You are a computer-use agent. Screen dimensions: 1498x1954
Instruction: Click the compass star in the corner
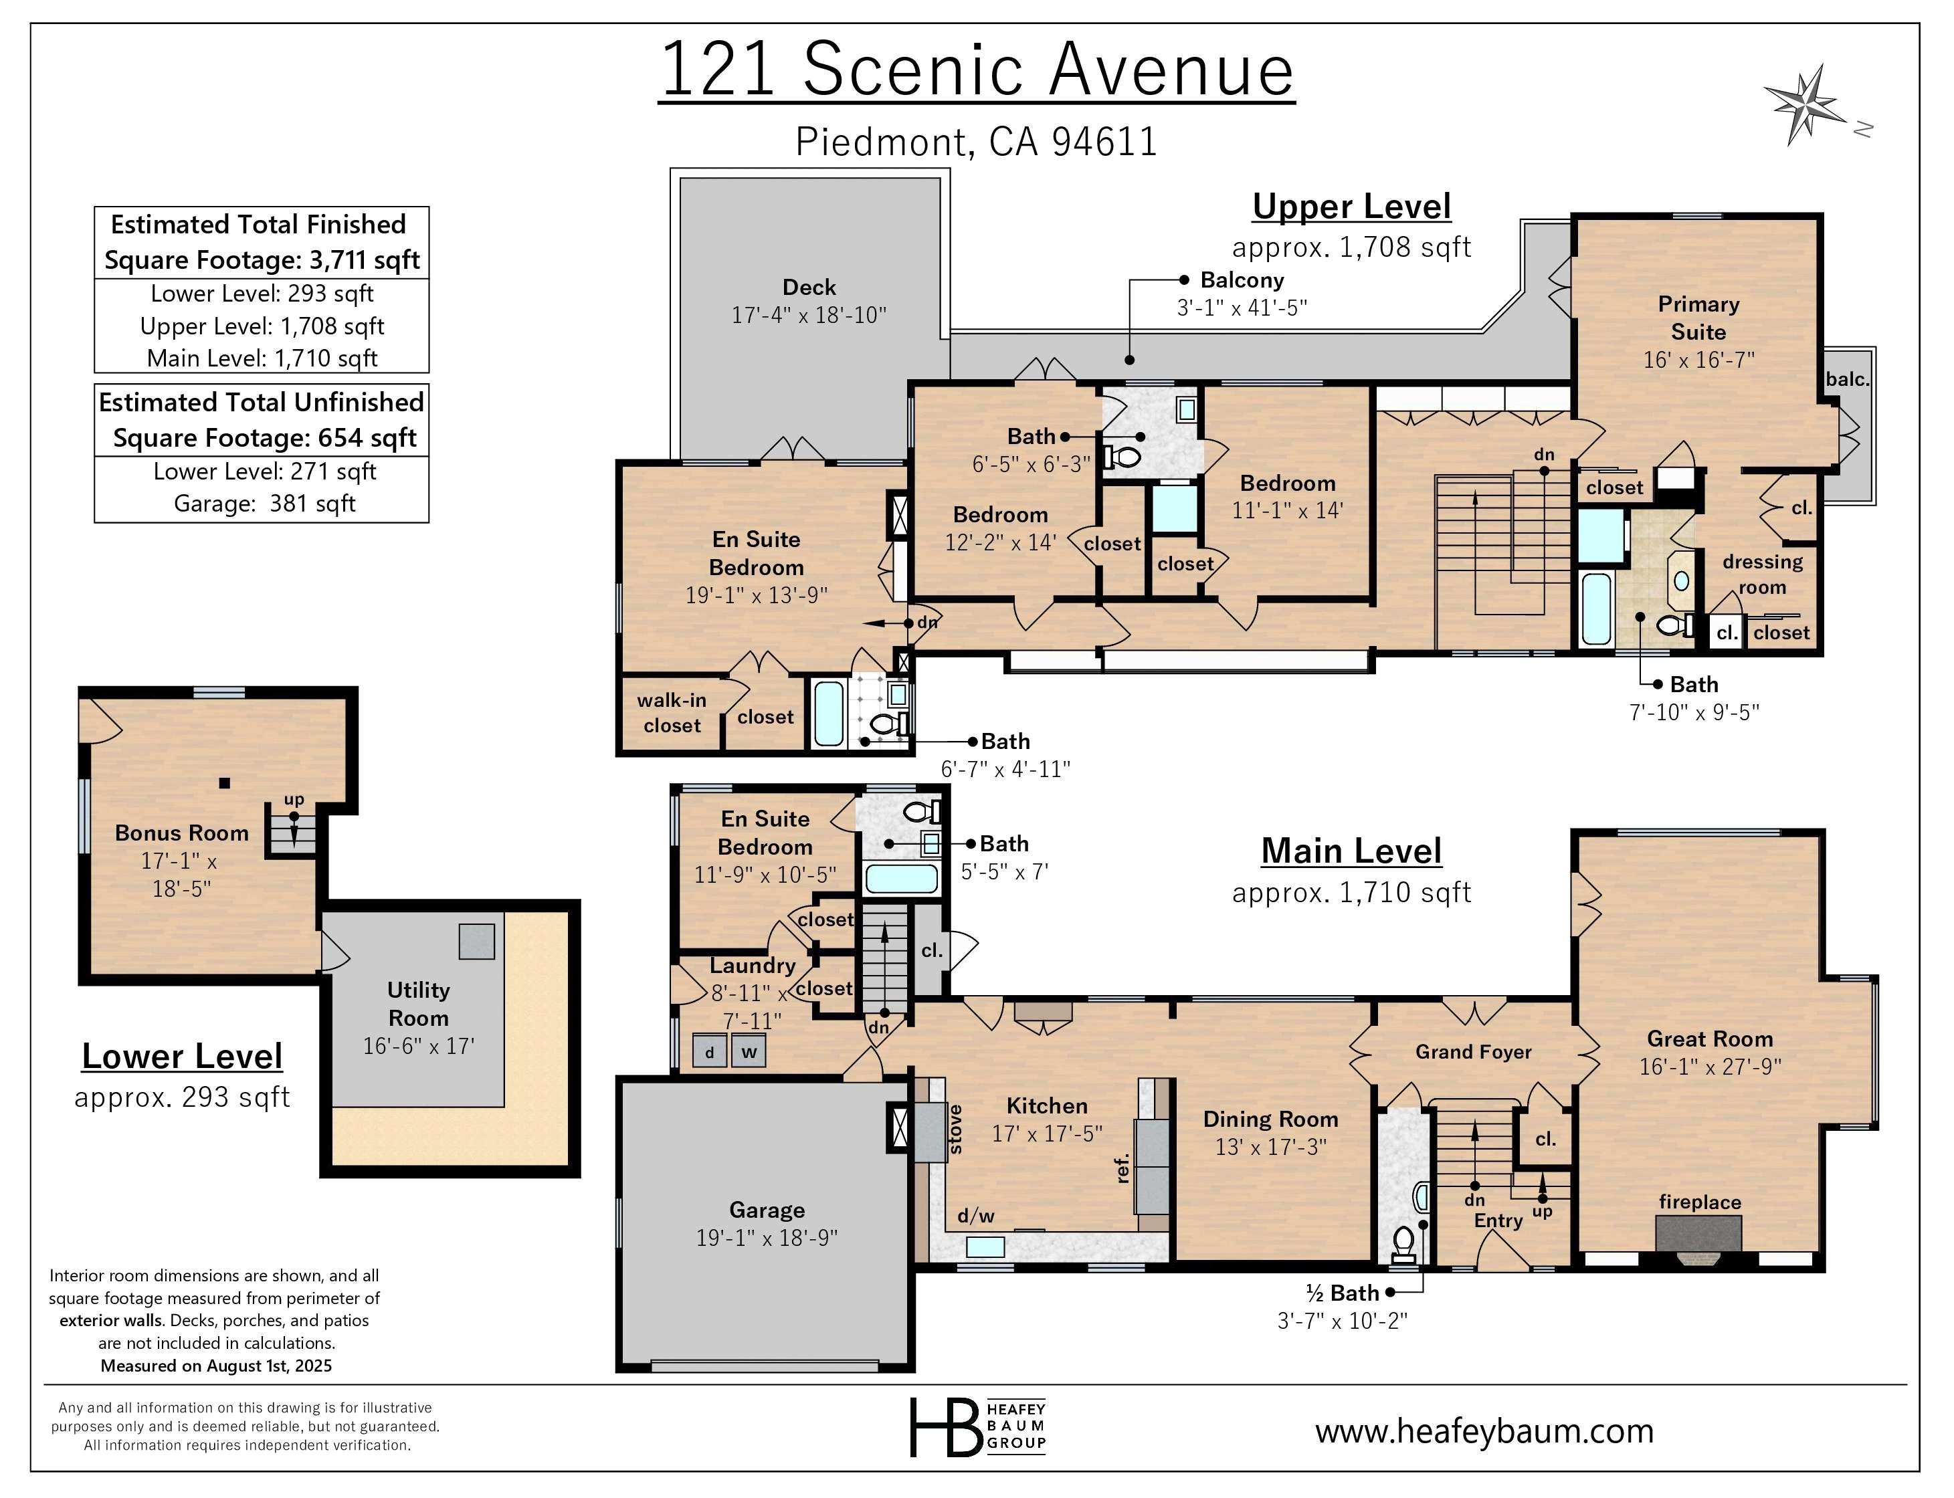[x=1806, y=105]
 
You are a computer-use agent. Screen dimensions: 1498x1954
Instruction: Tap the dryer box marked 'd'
[x=709, y=1052]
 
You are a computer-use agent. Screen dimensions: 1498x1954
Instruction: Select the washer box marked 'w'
[x=749, y=1052]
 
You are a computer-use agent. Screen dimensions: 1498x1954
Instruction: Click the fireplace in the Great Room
[x=1699, y=1235]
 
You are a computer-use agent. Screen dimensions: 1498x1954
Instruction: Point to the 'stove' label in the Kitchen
[x=955, y=1130]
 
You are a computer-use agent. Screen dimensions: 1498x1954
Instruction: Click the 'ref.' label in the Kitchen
[x=1122, y=1168]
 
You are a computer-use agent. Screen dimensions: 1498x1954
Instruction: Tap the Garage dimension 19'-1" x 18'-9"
[x=767, y=1238]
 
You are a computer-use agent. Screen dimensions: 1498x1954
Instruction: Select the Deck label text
[x=809, y=287]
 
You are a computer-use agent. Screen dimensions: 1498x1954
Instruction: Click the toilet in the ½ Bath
[x=1403, y=1241]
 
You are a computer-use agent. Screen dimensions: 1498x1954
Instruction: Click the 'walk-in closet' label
[x=672, y=712]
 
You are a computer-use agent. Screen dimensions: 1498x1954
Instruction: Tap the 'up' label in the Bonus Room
[x=294, y=800]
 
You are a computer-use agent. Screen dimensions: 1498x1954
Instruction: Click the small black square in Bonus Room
[x=225, y=783]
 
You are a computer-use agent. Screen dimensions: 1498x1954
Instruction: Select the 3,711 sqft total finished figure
[x=364, y=260]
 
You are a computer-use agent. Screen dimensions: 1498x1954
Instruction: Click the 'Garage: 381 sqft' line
[x=264, y=504]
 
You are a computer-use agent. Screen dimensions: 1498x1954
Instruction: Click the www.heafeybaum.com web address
[x=1484, y=1431]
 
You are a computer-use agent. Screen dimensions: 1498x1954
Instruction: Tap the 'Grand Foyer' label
[x=1473, y=1052]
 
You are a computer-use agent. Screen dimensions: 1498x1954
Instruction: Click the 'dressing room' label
[x=1762, y=574]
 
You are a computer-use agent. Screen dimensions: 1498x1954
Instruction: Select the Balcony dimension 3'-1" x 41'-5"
[x=1242, y=308]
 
